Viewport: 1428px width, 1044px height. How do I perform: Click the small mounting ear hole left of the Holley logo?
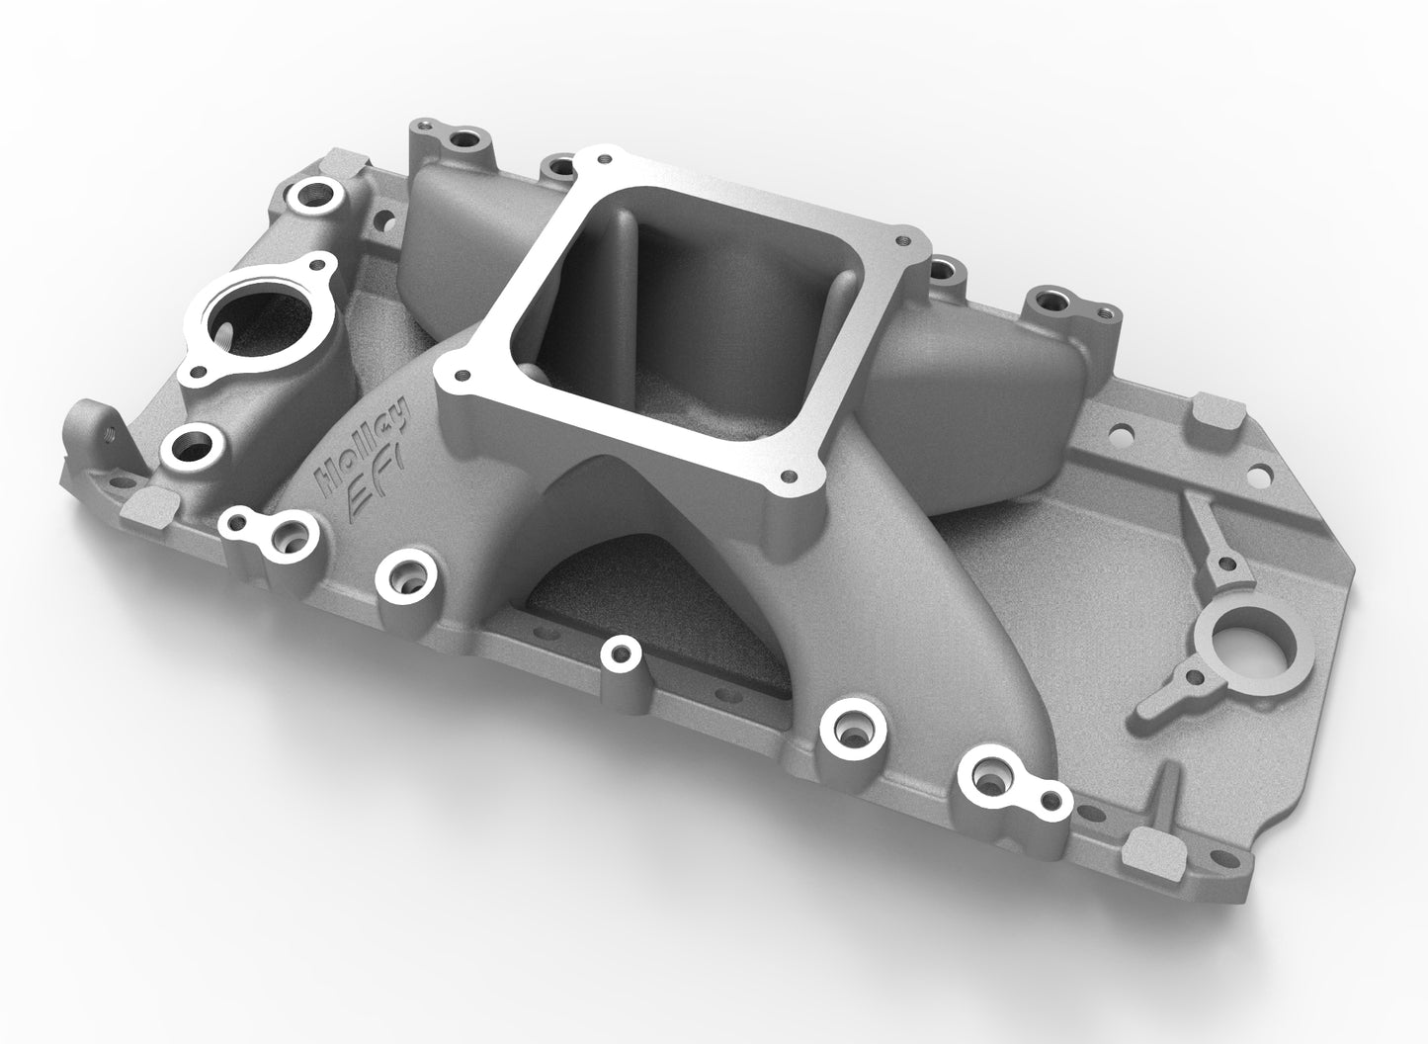pos(239,522)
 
